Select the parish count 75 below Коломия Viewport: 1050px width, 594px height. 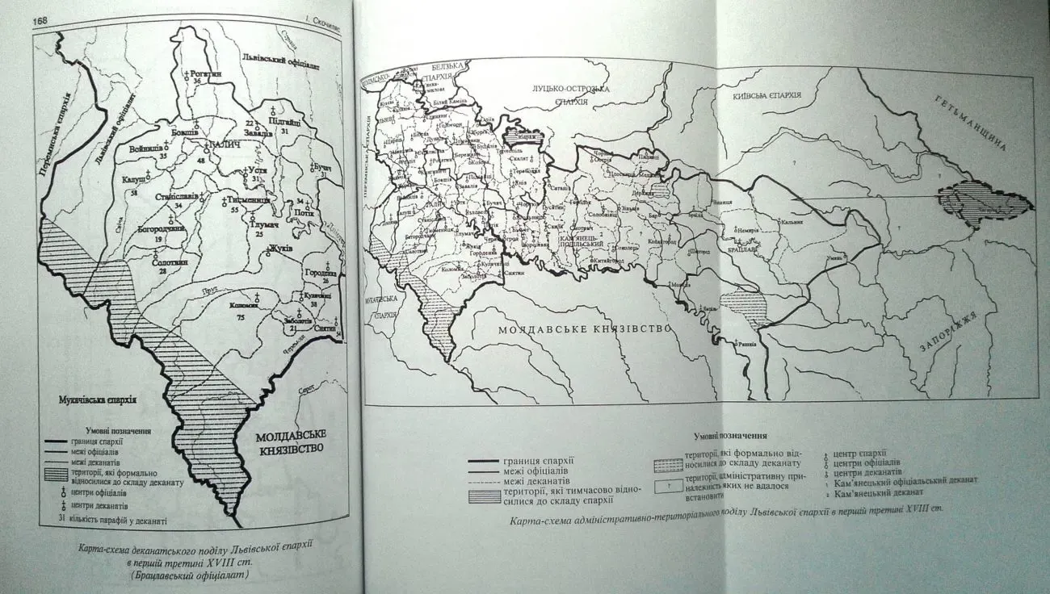point(240,320)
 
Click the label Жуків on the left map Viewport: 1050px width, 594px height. point(283,248)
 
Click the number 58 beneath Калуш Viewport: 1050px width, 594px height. point(132,195)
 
